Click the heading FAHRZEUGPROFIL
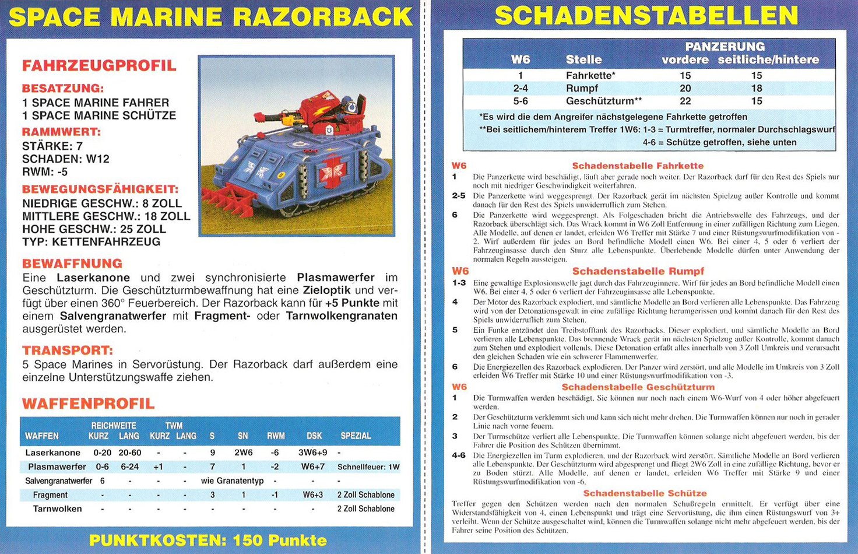tap(99, 65)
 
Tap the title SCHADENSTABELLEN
tap(646, 16)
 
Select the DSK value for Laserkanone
tap(313, 453)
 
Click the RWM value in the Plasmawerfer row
tap(275, 467)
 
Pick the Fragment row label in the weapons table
tap(50, 495)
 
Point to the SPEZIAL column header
tap(356, 436)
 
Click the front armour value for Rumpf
tap(685, 88)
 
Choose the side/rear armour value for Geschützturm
tap(756, 101)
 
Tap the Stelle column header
tap(583, 59)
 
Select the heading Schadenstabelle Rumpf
tap(638, 271)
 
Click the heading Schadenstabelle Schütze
tap(645, 493)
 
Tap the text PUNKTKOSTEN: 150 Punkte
tap(208, 540)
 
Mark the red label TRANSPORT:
tap(68, 350)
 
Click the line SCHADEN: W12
tap(65, 159)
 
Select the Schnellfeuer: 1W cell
tap(368, 467)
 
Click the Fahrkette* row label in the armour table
tap(590, 75)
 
